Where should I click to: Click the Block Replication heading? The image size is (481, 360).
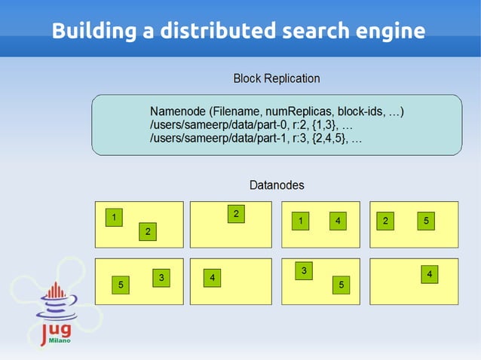276,78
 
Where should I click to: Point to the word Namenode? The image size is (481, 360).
178,112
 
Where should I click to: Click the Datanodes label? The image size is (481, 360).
277,185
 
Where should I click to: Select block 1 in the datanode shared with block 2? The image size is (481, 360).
113,217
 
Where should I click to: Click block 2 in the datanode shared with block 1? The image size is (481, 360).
148,231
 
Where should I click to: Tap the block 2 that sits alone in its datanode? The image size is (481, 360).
236,214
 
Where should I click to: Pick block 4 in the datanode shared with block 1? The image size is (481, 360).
338,221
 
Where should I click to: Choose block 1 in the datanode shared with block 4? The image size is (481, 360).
300,221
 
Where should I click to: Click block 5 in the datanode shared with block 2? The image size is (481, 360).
426,221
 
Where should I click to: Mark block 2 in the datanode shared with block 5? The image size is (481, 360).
385,221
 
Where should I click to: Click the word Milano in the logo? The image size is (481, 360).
60,340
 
